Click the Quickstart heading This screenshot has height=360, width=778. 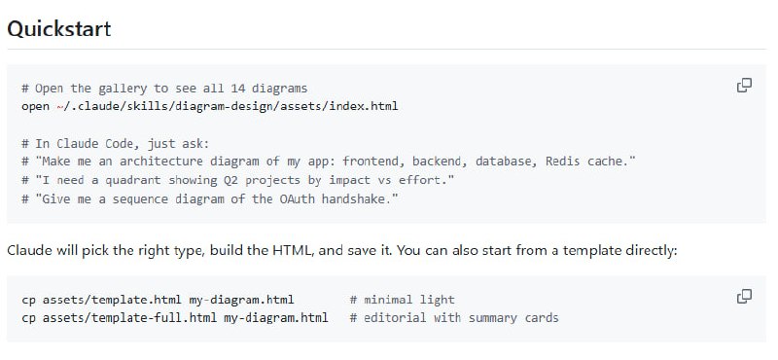pyautogui.click(x=59, y=29)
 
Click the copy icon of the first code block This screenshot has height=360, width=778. pyautogui.click(x=744, y=86)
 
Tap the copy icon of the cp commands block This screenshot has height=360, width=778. pyautogui.click(x=744, y=297)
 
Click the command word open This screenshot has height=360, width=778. pyautogui.click(x=35, y=106)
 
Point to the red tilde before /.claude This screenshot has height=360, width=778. pyautogui.click(x=59, y=106)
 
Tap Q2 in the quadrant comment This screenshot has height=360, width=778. pyautogui.click(x=230, y=180)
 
